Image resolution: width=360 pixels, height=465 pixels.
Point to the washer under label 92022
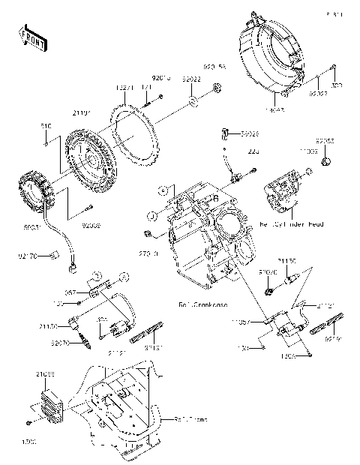192,100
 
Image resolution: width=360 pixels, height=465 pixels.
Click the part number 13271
124,88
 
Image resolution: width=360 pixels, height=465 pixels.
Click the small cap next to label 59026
224,133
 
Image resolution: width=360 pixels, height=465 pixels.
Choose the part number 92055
324,140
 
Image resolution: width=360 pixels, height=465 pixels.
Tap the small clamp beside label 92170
53,256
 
